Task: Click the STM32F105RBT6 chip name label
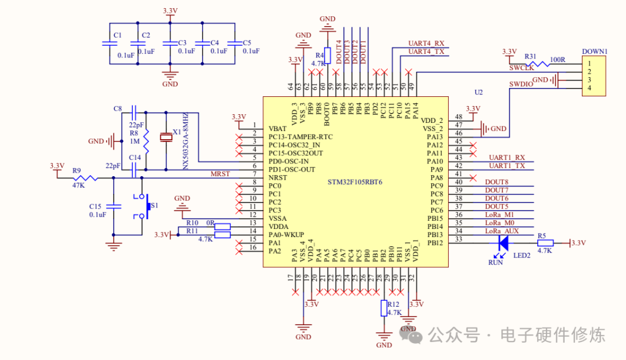[x=355, y=182]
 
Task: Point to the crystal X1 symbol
[x=166, y=137]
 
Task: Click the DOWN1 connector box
[x=595, y=75]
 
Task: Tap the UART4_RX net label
[x=426, y=43]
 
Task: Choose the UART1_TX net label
[x=507, y=166]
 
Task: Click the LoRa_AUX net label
[x=502, y=231]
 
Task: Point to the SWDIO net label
[x=521, y=84]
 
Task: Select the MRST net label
[x=220, y=174]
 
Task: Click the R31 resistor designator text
[x=530, y=56]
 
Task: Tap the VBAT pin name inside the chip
[x=278, y=128]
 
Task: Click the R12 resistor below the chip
[x=383, y=308]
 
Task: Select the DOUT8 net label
[x=496, y=182]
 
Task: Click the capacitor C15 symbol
[x=114, y=206]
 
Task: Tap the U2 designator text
[x=478, y=92]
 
